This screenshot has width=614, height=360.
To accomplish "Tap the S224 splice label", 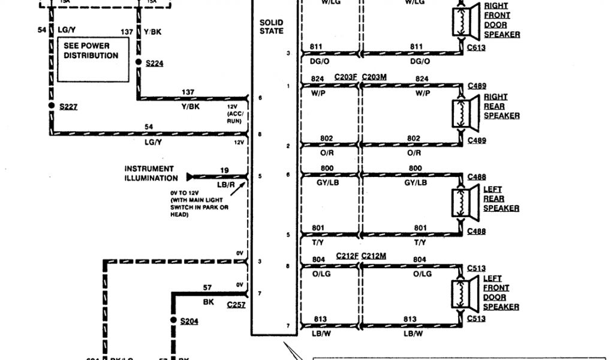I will click(154, 62).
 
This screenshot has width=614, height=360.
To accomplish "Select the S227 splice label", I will click(68, 107).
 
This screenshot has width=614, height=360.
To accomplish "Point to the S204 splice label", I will click(189, 321).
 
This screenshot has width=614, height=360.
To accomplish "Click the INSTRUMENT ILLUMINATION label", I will click(150, 173).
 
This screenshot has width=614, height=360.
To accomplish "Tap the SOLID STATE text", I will click(272, 26).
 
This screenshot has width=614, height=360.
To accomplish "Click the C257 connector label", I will click(236, 305).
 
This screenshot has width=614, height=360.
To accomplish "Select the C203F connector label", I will click(347, 77).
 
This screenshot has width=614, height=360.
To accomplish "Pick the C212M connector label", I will click(374, 256).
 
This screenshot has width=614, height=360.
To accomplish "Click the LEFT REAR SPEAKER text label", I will click(501, 199).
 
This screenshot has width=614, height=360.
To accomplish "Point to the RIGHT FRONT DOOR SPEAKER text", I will click(502, 20).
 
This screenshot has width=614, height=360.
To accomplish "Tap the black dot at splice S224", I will click(139, 62).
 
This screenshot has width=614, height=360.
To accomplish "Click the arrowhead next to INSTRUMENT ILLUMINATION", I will click(190, 177).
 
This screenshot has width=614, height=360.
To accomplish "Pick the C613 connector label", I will click(477, 48).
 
